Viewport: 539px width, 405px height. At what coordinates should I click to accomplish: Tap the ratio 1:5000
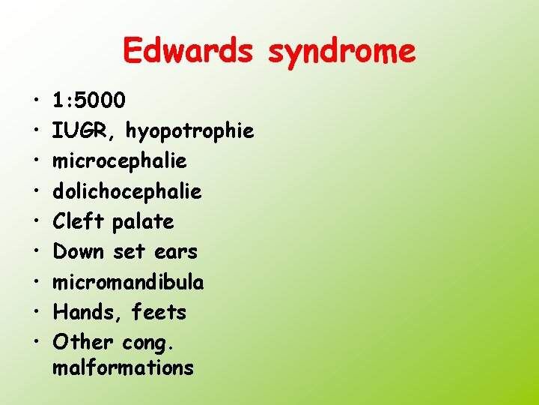90,101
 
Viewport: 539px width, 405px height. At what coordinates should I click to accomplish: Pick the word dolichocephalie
127,192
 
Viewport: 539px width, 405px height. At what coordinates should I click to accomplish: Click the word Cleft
80,222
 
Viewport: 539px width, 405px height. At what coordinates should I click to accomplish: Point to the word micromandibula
129,282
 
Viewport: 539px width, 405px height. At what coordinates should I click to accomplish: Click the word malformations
124,368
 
